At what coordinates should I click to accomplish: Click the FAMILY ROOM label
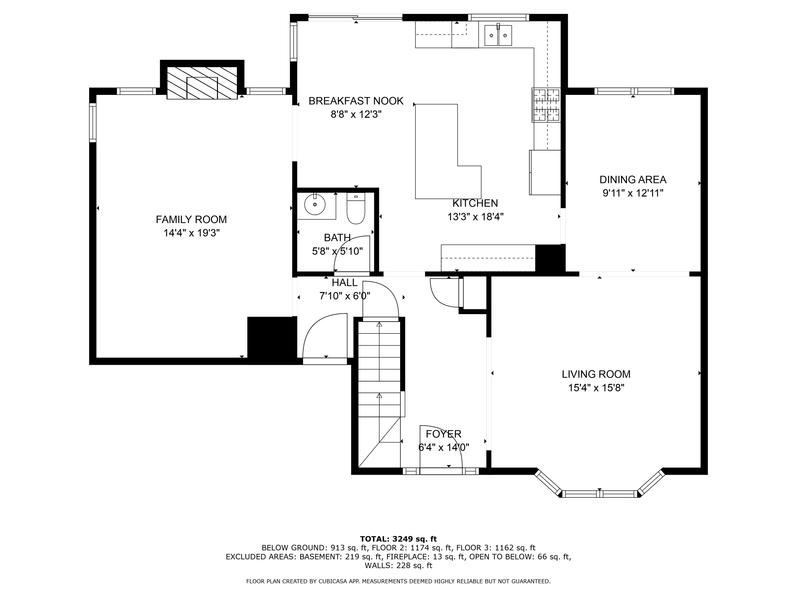(x=191, y=220)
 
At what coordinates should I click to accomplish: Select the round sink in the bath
(x=315, y=205)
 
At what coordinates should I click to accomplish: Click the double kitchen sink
(x=498, y=35)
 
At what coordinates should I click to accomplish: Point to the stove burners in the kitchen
(x=546, y=105)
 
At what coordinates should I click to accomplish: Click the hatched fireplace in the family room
(x=202, y=83)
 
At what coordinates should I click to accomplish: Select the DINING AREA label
(x=633, y=179)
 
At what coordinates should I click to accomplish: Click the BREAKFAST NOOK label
(x=356, y=101)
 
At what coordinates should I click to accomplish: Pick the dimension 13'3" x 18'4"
(x=475, y=217)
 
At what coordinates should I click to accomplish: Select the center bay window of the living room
(x=600, y=494)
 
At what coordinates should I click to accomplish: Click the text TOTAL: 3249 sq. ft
(x=398, y=539)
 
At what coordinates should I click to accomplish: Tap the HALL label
(x=345, y=283)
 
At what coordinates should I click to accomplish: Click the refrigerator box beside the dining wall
(x=545, y=172)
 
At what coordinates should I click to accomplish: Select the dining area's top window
(x=634, y=91)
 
